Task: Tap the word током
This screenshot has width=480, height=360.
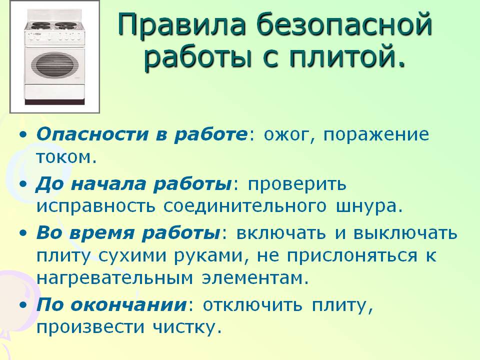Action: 65,157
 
